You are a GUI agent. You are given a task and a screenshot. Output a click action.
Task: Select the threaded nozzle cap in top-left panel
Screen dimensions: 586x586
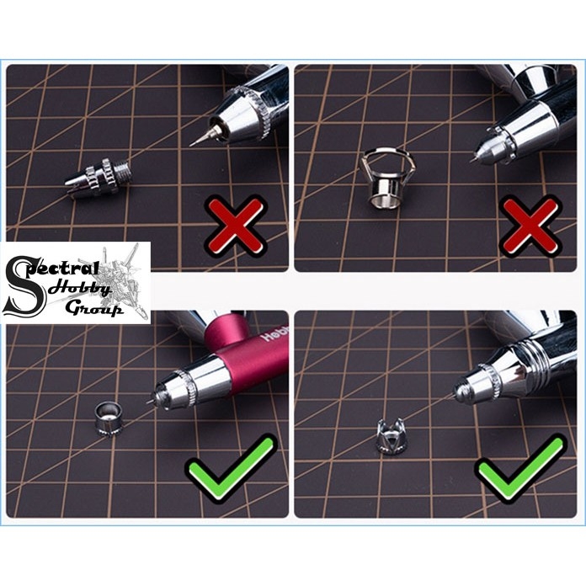tap(99, 178)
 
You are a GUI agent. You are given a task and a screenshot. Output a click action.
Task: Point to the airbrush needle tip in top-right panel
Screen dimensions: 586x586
tap(476, 157)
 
